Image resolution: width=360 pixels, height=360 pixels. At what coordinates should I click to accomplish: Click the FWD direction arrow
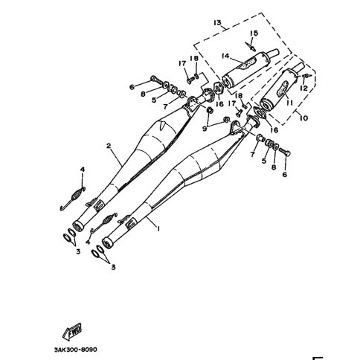click(x=72, y=331)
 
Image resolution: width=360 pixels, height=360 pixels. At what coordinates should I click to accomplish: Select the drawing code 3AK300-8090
click(x=76, y=350)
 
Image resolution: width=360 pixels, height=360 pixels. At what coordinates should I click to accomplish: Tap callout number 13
click(x=217, y=23)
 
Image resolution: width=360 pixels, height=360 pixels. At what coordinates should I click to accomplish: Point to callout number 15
click(x=254, y=33)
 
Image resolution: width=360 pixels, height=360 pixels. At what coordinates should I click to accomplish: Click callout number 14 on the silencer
click(x=225, y=57)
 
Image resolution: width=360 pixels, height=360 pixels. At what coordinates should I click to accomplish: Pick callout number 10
click(x=303, y=118)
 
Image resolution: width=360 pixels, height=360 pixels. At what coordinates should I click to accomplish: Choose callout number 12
click(x=303, y=88)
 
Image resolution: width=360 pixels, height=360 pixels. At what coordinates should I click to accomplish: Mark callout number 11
click(x=289, y=102)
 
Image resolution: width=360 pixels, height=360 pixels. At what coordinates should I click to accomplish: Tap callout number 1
click(x=158, y=228)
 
